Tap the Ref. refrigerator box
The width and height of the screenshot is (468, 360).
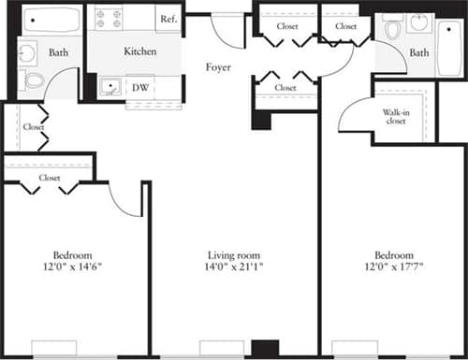click(x=168, y=19)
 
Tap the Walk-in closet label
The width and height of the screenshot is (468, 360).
click(x=394, y=116)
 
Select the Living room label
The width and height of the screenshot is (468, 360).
click(x=233, y=255)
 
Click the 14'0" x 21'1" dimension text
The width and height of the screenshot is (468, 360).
click(x=233, y=267)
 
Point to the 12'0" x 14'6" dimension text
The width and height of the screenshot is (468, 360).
click(x=72, y=267)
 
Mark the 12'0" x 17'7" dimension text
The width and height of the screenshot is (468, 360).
click(x=393, y=267)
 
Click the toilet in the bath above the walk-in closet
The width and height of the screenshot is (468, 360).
click(x=391, y=28)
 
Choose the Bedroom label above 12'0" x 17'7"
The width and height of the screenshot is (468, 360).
click(x=393, y=255)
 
